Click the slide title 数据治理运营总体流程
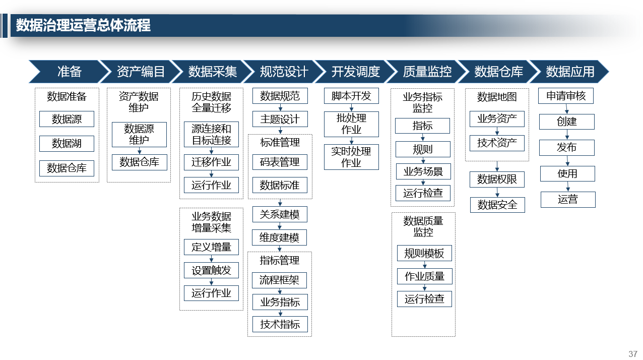click(83, 25)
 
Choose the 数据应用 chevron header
click(569, 72)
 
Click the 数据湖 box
click(67, 143)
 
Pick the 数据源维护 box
click(139, 135)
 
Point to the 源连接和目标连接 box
click(211, 135)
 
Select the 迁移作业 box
click(211, 162)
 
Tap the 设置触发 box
click(211, 270)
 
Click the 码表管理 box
click(280, 162)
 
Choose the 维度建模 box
click(279, 237)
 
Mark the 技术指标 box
click(280, 324)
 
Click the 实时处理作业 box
click(351, 157)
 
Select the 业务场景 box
click(423, 171)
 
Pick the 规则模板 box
click(425, 253)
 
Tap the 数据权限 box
click(497, 179)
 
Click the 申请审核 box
click(566, 96)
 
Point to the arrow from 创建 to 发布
click(567, 135)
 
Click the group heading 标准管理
click(280, 142)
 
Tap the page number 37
click(632, 353)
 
